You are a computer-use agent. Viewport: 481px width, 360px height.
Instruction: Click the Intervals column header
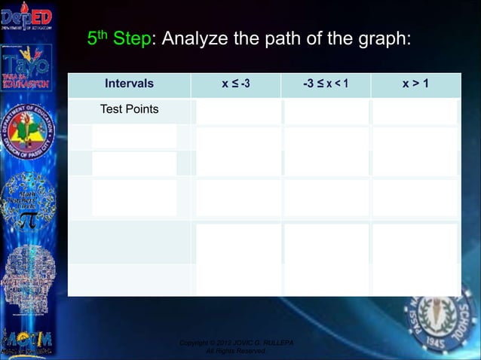129,84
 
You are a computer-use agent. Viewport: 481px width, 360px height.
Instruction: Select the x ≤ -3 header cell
235,84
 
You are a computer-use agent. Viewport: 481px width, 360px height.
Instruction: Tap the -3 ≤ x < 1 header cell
325,84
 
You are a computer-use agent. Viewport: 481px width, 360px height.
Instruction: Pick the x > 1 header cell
415,84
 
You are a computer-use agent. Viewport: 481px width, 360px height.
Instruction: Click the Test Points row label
130,110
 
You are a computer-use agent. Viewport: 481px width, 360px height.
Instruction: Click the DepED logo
26,18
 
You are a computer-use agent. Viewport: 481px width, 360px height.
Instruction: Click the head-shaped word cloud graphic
27,279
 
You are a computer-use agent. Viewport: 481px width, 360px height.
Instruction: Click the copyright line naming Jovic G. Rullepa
236,343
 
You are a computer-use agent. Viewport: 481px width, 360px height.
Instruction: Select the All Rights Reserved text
236,352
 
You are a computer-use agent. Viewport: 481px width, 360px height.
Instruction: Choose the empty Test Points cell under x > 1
415,111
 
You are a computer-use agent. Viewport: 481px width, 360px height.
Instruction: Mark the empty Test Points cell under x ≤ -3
237,111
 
